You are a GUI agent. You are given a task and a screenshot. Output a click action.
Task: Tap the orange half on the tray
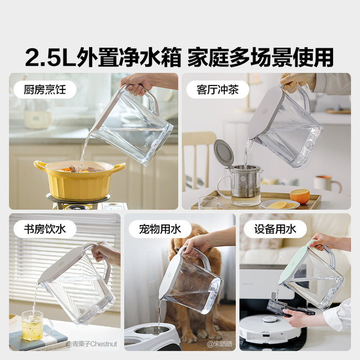(300, 196)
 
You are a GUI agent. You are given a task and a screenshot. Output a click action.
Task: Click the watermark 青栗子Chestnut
(89, 343)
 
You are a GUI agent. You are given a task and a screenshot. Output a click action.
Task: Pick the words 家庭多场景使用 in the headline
(260, 57)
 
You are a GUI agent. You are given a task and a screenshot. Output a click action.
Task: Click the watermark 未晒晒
(220, 343)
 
